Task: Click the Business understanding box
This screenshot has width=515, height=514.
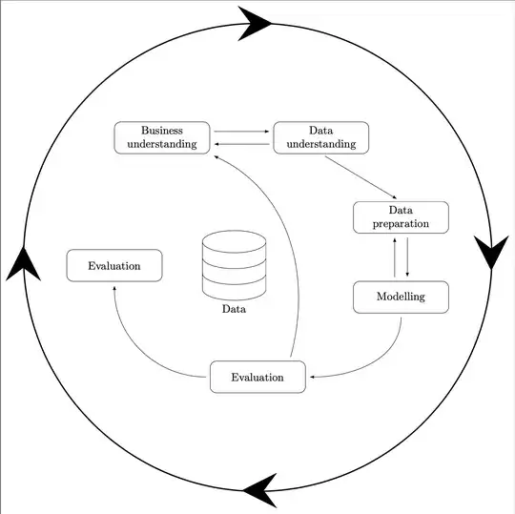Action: click(x=162, y=137)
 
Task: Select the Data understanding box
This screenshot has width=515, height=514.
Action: click(x=320, y=137)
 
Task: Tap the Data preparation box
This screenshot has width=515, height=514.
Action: click(x=401, y=217)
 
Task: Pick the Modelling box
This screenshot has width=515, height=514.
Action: click(x=401, y=298)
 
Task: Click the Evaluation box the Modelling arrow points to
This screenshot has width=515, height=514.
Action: click(x=257, y=377)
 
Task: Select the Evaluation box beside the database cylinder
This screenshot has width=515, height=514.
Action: click(x=113, y=266)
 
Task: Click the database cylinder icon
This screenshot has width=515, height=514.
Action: click(x=234, y=264)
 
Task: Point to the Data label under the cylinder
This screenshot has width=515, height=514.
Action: click(x=234, y=309)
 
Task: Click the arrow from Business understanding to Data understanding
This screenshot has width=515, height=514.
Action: click(x=241, y=132)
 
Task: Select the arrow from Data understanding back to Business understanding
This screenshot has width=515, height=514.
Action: click(x=241, y=143)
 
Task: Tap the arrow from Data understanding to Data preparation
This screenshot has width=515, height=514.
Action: click(x=360, y=176)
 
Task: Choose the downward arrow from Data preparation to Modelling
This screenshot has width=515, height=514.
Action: click(x=407, y=257)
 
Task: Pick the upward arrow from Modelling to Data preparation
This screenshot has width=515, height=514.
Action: click(x=395, y=257)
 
